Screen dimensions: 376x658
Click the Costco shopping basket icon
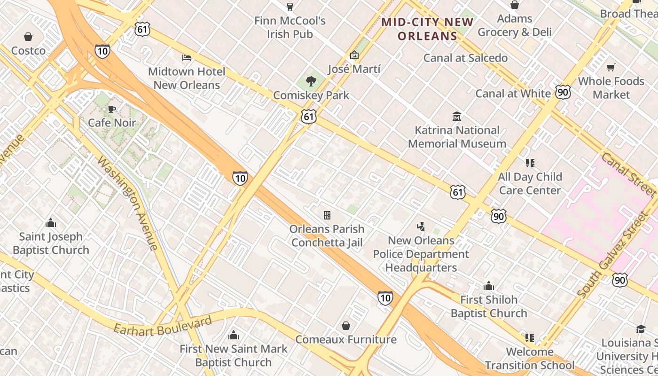28,37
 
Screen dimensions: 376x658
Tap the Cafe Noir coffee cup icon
111,110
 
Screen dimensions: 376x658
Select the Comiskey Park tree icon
311,81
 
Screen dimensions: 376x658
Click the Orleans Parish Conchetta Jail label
327,235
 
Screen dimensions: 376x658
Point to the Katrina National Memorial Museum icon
456,116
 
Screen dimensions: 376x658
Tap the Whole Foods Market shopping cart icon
611,68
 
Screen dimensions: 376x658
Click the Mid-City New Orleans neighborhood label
427,29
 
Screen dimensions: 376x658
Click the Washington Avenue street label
127,203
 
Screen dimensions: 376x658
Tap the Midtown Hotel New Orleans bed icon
187,58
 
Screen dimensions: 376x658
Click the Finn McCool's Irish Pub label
290,27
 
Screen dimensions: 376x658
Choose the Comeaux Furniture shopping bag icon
346,326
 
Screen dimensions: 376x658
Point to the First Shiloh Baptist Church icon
489,286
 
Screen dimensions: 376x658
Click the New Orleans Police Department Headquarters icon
421,227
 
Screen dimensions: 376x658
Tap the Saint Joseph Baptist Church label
51,243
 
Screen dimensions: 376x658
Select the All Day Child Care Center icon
530,163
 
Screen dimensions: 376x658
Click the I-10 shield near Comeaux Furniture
385,298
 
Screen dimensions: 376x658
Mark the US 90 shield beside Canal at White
563,92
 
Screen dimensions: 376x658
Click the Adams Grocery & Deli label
515,25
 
